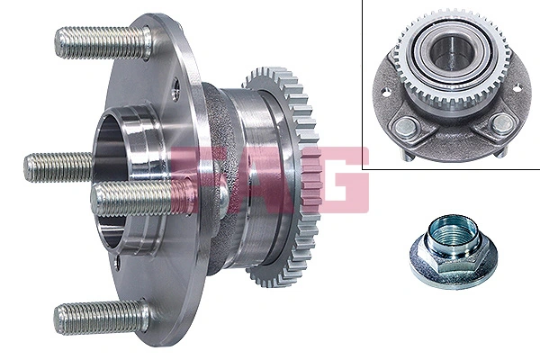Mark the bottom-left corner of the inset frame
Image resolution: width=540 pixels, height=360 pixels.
tap(363, 168)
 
